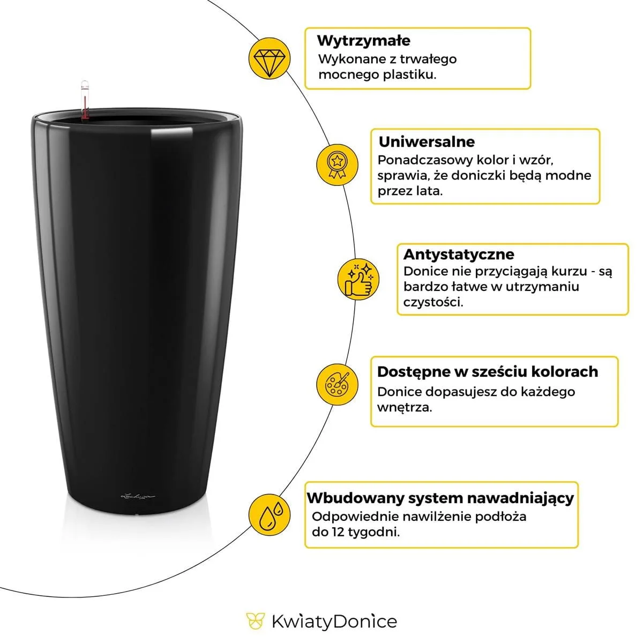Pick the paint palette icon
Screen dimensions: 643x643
pyautogui.click(x=337, y=384)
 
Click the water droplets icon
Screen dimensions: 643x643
pyautogui.click(x=270, y=514)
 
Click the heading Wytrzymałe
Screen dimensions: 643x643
pyautogui.click(x=363, y=41)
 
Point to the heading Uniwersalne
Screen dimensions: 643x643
pyautogui.click(x=427, y=142)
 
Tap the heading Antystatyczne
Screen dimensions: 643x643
pyautogui.click(x=458, y=254)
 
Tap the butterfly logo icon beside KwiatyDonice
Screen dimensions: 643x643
pyautogui.click(x=256, y=622)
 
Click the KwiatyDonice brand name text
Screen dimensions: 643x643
pyautogui.click(x=334, y=622)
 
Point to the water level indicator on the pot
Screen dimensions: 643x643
pyautogui.click(x=84, y=99)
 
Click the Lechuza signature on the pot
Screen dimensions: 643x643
pyautogui.click(x=138, y=497)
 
